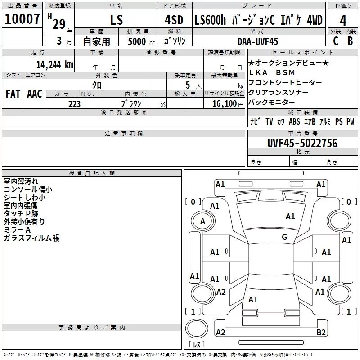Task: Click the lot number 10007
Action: click(x=22, y=19)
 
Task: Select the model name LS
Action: click(x=116, y=20)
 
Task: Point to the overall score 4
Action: click(x=343, y=20)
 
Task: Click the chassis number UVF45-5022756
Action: click(x=302, y=143)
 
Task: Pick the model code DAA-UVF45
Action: click(x=258, y=41)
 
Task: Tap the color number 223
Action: click(x=74, y=104)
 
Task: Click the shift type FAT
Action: click(x=13, y=94)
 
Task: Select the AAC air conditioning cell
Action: click(x=35, y=94)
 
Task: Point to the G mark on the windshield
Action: click(x=284, y=237)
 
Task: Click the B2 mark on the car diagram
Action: click(x=321, y=333)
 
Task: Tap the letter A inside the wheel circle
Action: click(x=202, y=221)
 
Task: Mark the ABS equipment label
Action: click(x=295, y=121)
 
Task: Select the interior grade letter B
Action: click(x=350, y=41)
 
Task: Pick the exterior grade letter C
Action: click(x=335, y=41)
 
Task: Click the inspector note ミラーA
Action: click(x=18, y=230)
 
